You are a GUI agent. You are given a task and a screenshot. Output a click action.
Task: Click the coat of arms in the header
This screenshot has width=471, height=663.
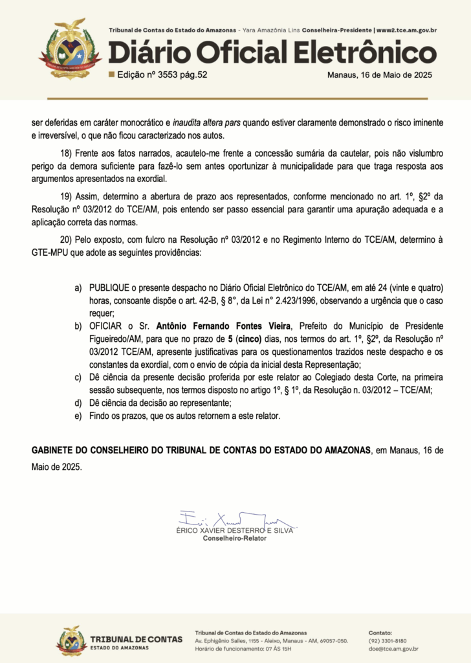[70, 48]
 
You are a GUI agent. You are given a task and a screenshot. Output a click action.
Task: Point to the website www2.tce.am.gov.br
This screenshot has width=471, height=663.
[406, 30]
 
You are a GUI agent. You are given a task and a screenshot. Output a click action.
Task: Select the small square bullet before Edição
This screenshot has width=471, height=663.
[111, 74]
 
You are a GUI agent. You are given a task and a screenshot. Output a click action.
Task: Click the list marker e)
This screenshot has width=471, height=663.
[78, 416]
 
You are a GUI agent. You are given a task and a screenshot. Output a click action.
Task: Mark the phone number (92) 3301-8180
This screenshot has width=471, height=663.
[388, 640]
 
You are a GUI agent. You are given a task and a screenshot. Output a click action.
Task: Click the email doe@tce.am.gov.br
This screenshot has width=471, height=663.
[393, 649]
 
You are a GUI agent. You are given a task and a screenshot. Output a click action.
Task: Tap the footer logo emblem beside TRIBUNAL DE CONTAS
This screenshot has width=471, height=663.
[71, 640]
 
